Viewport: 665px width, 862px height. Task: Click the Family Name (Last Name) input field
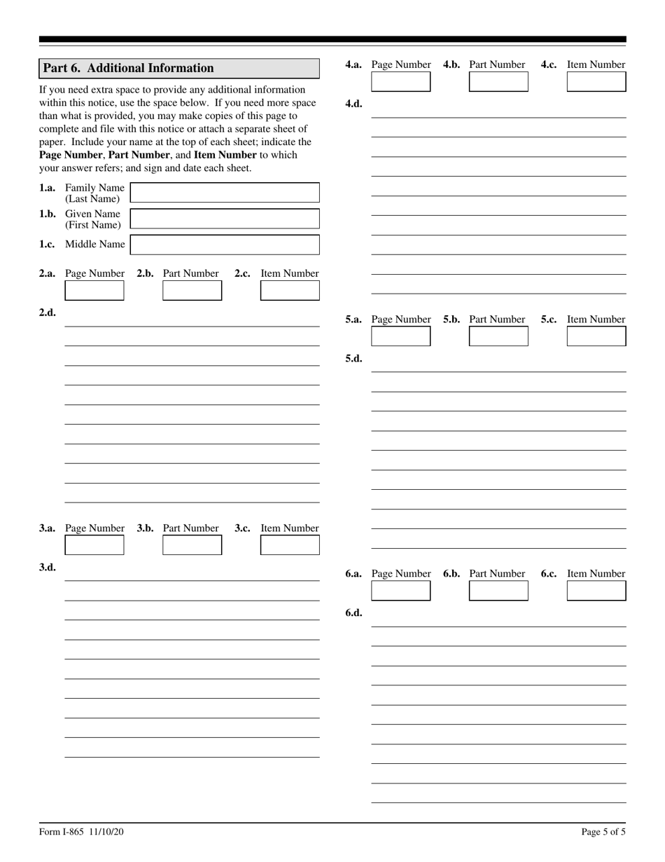[x=225, y=193]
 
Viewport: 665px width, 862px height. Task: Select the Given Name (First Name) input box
[x=225, y=219]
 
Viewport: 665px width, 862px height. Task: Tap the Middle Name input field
[x=225, y=245]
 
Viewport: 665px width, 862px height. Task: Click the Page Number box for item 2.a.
[x=94, y=290]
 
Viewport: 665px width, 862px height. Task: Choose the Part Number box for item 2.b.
[x=192, y=290]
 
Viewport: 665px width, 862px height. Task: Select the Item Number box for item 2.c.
[x=290, y=290]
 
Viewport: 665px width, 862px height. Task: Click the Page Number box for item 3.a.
[x=94, y=545]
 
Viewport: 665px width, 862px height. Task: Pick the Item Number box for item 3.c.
[x=290, y=545]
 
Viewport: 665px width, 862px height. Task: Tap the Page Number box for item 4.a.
[x=400, y=82]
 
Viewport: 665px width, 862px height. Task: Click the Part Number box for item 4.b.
[x=498, y=82]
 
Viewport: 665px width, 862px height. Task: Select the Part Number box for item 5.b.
[x=498, y=336]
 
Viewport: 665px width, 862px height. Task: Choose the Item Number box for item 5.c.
[x=596, y=336]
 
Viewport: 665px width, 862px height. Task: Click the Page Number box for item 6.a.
[x=400, y=591]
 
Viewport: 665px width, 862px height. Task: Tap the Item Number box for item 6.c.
[x=596, y=591]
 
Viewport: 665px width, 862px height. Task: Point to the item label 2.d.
[x=48, y=313]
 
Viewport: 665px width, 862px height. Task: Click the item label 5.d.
[x=353, y=358]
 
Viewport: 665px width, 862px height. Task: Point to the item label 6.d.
[x=353, y=613]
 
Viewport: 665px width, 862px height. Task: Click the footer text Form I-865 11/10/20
[x=82, y=832]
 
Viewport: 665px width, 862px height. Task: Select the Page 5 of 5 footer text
[x=603, y=832]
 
